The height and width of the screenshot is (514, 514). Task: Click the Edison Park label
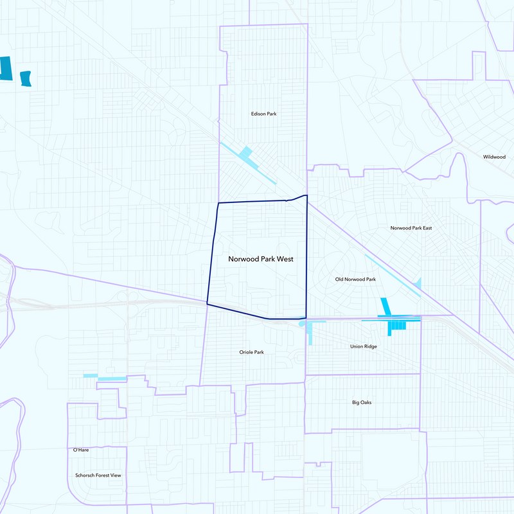[263, 114]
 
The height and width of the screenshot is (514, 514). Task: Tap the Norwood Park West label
[261, 259]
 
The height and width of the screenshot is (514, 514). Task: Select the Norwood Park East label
[411, 228]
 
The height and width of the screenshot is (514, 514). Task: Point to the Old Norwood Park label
[355, 279]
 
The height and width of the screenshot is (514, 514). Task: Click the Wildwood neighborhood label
[494, 157]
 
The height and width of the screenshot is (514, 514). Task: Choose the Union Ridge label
[363, 346]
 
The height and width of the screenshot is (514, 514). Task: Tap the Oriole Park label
[251, 352]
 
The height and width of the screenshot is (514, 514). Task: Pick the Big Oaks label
[362, 403]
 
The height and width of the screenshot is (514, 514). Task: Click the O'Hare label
[80, 450]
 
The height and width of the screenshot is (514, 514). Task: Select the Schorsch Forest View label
[98, 475]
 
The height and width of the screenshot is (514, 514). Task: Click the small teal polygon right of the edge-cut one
[26, 78]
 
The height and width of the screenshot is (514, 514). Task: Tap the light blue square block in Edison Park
[245, 154]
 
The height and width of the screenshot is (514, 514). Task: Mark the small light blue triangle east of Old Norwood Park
[418, 283]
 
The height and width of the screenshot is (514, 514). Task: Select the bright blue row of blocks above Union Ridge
[398, 326]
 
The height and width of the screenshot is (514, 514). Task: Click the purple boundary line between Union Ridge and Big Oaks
[363, 375]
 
